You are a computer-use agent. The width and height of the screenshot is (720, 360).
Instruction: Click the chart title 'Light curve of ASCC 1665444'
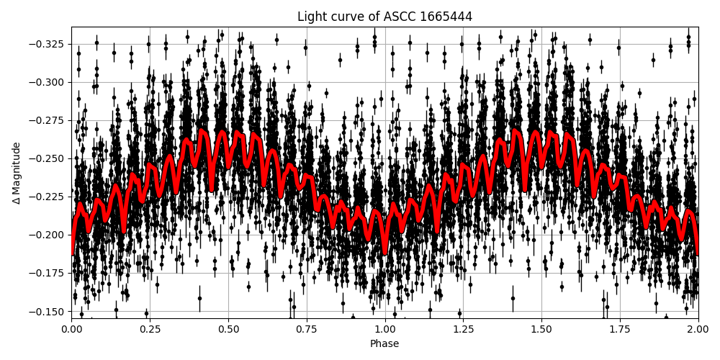pyautogui.click(x=384, y=17)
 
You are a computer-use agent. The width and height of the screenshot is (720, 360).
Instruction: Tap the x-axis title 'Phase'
pyautogui.click(x=384, y=344)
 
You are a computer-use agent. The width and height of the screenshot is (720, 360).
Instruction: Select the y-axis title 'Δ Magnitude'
pyautogui.click(x=17, y=173)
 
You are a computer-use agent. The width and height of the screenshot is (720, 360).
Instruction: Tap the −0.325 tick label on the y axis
pyautogui.click(x=47, y=44)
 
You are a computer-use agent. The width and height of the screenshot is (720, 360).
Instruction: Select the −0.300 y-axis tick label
pyautogui.click(x=47, y=82)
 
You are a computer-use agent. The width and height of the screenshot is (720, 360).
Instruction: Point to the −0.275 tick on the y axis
pyautogui.click(x=47, y=120)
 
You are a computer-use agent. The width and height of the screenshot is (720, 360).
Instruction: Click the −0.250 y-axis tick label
pyautogui.click(x=47, y=158)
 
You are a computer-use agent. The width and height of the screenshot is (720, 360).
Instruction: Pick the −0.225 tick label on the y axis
pyautogui.click(x=47, y=197)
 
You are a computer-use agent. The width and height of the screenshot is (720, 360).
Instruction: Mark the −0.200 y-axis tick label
pyautogui.click(x=47, y=235)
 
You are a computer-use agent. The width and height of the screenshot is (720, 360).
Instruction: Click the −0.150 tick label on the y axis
pyautogui.click(x=47, y=311)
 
